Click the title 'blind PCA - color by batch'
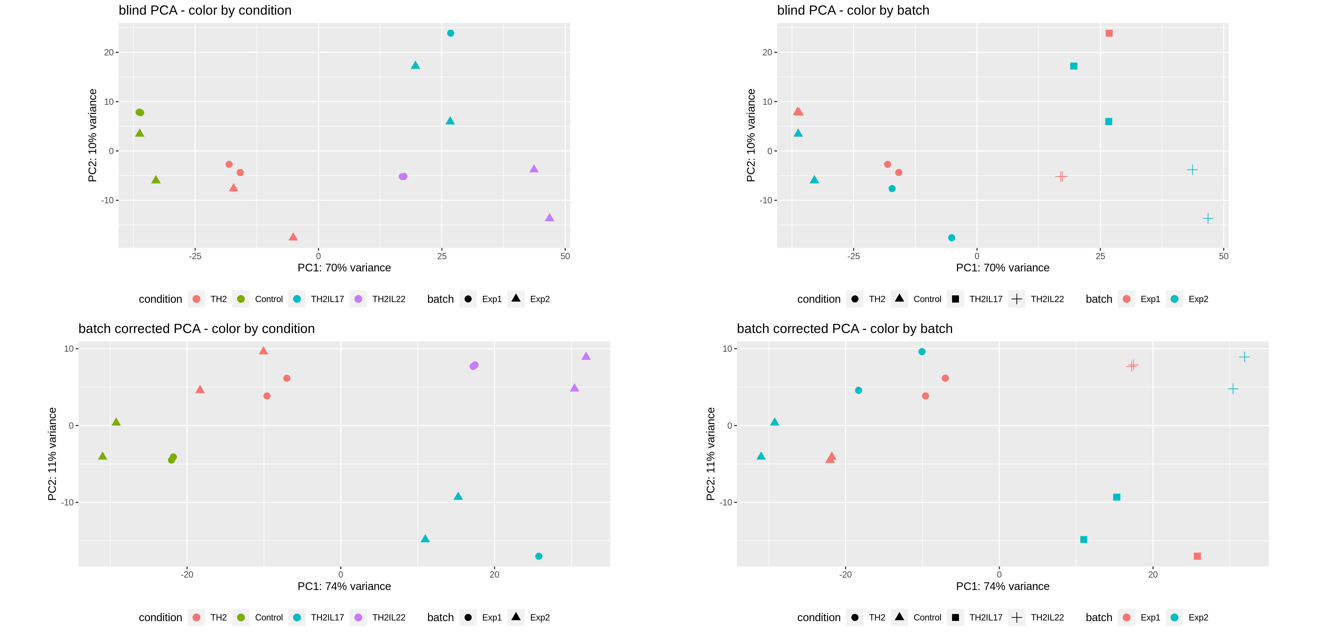pos(853,10)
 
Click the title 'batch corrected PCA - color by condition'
pos(196,329)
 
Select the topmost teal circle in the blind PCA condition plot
pos(450,33)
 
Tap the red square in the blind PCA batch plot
pos(1109,33)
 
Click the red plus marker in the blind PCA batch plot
pos(1061,176)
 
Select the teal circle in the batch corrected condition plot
pos(538,556)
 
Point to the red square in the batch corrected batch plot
pos(1197,556)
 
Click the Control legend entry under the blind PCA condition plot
pos(268,299)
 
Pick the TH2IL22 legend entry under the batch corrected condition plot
pos(388,618)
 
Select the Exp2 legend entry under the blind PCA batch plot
pos(1198,299)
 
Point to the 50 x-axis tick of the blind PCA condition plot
pos(565,256)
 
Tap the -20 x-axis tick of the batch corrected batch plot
pos(846,575)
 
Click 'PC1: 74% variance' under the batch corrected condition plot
pos(344,586)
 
